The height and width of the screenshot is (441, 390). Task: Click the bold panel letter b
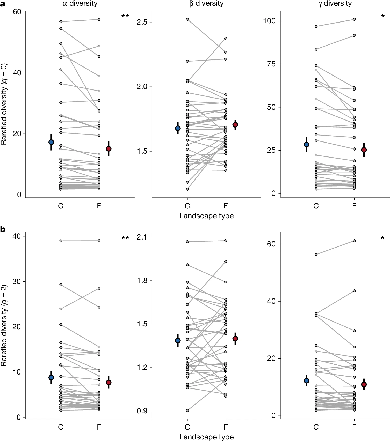[3, 229]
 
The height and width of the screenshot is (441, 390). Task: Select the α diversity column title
[80, 4]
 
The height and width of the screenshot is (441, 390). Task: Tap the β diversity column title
[206, 4]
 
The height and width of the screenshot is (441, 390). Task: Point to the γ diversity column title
[335, 4]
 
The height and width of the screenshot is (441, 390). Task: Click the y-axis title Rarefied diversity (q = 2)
[4, 325]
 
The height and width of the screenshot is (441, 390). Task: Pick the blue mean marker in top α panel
[51, 142]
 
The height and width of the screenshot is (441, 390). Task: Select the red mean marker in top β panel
[235, 125]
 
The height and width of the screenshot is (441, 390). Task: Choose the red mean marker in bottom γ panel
[364, 384]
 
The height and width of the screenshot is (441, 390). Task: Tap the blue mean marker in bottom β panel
[178, 340]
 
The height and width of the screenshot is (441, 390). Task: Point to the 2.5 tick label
[142, 22]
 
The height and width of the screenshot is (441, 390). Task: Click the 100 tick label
[269, 21]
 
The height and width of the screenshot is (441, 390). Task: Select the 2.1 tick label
[142, 237]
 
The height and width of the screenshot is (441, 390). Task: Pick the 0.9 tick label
[142, 411]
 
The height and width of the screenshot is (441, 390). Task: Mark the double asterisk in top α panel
[125, 17]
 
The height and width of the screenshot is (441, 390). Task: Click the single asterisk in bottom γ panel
[382, 238]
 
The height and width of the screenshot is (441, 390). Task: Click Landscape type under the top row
[206, 216]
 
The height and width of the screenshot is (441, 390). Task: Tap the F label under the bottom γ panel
[354, 427]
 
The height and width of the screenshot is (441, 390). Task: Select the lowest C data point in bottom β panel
[187, 410]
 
